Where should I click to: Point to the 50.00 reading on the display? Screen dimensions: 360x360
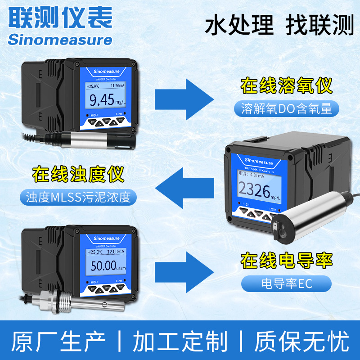103,265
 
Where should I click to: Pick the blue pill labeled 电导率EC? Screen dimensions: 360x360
286,283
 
